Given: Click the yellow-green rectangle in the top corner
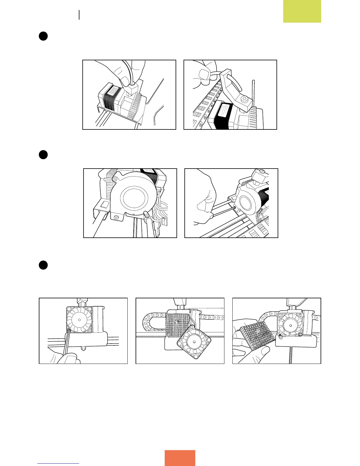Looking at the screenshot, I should click(302, 11).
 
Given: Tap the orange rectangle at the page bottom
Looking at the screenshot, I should click(180, 458).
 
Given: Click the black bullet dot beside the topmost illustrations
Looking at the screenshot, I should click(43, 36).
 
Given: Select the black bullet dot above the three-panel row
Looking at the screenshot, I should click(43, 265).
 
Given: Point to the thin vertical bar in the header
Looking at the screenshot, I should click(79, 15).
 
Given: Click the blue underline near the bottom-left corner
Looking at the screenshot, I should click(58, 464).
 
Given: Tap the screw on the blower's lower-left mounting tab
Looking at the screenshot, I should click(117, 217).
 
